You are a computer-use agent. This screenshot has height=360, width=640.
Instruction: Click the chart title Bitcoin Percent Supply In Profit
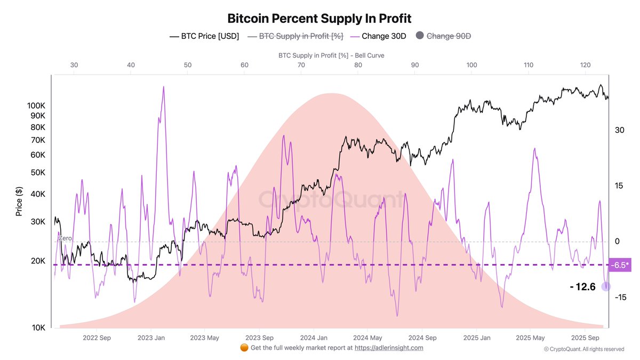[319, 18]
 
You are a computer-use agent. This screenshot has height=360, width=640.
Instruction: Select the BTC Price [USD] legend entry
[204, 36]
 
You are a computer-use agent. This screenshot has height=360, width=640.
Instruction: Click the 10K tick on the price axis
[37, 327]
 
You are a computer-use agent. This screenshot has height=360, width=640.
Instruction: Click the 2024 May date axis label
[368, 338]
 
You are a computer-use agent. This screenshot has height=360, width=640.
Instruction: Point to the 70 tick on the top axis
[301, 65]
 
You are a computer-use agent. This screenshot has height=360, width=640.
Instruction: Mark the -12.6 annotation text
[582, 287]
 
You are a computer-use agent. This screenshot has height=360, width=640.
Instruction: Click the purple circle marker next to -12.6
[606, 286]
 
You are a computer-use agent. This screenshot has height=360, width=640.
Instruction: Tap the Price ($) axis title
[19, 201]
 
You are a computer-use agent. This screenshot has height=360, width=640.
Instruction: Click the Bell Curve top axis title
[331, 55]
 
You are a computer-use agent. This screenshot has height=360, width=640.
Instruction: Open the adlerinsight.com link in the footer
[389, 348]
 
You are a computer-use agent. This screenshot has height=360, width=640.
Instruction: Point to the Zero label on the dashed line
[65, 238]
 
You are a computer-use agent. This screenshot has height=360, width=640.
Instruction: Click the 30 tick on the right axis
[619, 130]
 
